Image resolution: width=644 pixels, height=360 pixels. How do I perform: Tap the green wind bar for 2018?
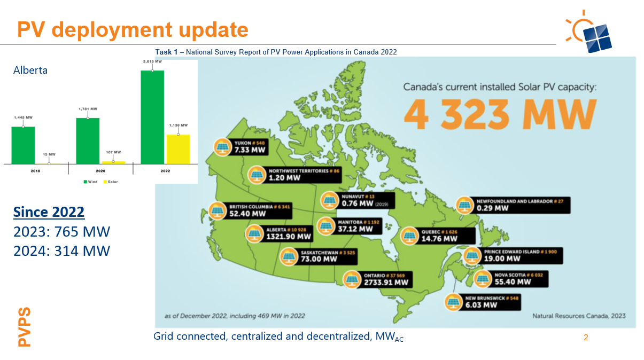point(23,145)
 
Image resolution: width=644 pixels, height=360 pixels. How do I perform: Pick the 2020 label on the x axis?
point(100,171)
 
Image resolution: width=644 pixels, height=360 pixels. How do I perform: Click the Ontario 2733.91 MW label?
point(386,279)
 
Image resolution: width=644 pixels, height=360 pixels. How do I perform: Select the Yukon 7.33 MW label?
point(250,147)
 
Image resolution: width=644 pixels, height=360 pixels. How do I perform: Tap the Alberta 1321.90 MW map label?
point(288,233)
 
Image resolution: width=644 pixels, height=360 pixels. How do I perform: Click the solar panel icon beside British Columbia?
point(218,211)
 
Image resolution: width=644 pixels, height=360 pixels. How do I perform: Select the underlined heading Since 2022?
point(49,212)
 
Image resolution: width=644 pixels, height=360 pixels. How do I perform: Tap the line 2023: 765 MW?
point(61,232)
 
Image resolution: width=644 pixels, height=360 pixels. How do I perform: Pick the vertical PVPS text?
point(25,326)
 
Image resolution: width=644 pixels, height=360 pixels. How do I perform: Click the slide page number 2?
point(586,338)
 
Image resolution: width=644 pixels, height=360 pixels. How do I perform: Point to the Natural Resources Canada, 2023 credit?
point(579,316)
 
